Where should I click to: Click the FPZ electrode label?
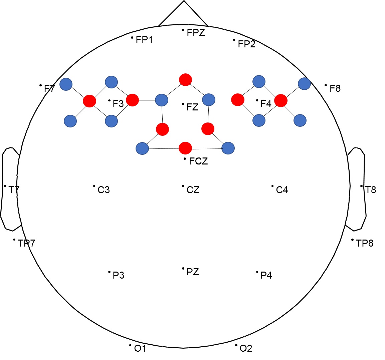(x=196, y=33)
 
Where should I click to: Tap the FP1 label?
(x=144, y=40)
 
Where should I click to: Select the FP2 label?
(x=246, y=44)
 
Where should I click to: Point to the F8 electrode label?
(x=335, y=88)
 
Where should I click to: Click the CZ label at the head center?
(x=193, y=190)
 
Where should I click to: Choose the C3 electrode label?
(x=104, y=190)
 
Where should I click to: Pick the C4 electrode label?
(x=282, y=190)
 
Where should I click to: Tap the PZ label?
(x=193, y=272)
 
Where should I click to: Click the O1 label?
(x=140, y=349)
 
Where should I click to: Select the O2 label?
(x=246, y=349)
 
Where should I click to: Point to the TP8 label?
(x=365, y=243)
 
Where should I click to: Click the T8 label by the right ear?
(x=371, y=190)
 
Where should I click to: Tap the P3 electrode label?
(x=119, y=275)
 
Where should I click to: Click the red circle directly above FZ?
(x=185, y=80)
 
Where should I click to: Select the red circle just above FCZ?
(x=185, y=148)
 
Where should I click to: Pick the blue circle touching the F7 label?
(x=66, y=84)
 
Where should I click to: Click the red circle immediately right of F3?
(x=132, y=100)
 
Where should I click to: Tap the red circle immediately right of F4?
(x=281, y=100)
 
